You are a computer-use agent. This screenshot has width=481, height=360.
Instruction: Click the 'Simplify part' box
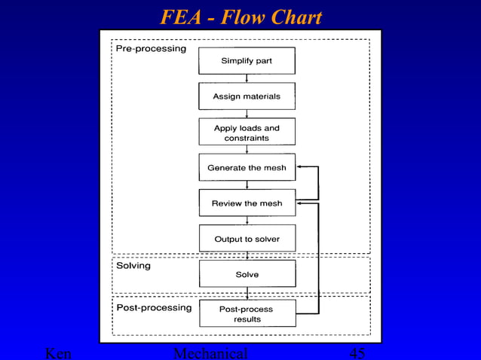tap(247, 61)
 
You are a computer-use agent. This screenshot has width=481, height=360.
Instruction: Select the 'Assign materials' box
tap(247, 96)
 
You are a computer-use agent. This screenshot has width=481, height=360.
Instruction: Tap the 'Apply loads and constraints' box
tap(247, 133)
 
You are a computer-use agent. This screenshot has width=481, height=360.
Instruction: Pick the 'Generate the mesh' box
tap(247, 167)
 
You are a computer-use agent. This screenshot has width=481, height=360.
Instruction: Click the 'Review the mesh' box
tap(247, 203)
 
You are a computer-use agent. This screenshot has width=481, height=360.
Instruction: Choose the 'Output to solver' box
tap(247, 239)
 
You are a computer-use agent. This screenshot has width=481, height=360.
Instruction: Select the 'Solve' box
tap(247, 274)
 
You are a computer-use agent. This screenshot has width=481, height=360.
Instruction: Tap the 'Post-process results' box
tap(247, 314)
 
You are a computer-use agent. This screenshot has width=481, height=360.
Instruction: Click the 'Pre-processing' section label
tap(151, 49)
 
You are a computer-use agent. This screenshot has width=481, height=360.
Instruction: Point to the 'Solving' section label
tap(133, 266)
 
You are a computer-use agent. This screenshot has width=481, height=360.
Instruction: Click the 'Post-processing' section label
tap(153, 307)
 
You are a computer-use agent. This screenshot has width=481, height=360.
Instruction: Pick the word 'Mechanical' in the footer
tap(210, 353)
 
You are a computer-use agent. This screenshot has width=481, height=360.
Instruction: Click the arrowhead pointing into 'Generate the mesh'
tap(299, 167)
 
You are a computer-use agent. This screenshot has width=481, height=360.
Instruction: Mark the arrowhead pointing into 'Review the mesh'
tap(299, 203)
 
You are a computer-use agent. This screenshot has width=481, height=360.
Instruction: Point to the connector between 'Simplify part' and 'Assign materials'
tap(247, 78)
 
